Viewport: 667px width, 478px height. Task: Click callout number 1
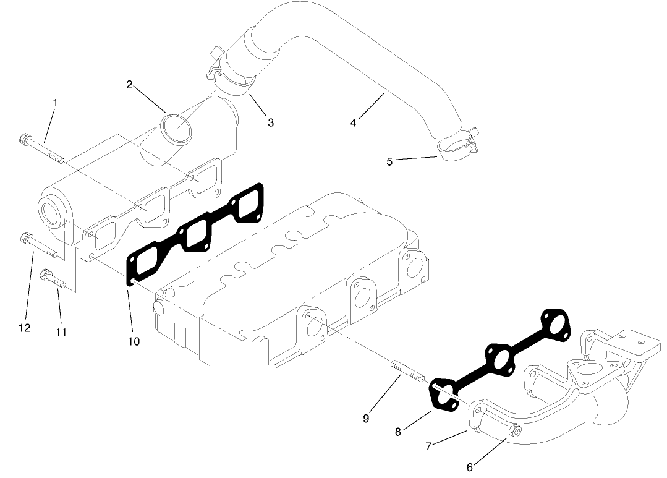(55, 101)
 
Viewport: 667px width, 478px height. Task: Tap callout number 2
(130, 84)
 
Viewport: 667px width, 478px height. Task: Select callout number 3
(271, 122)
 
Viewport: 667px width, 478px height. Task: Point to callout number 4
(353, 122)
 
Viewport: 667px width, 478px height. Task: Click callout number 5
(389, 161)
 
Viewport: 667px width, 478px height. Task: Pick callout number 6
(470, 467)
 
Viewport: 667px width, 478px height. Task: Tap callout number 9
(366, 419)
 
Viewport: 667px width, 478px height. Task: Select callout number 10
(134, 341)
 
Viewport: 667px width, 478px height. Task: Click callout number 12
(24, 328)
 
